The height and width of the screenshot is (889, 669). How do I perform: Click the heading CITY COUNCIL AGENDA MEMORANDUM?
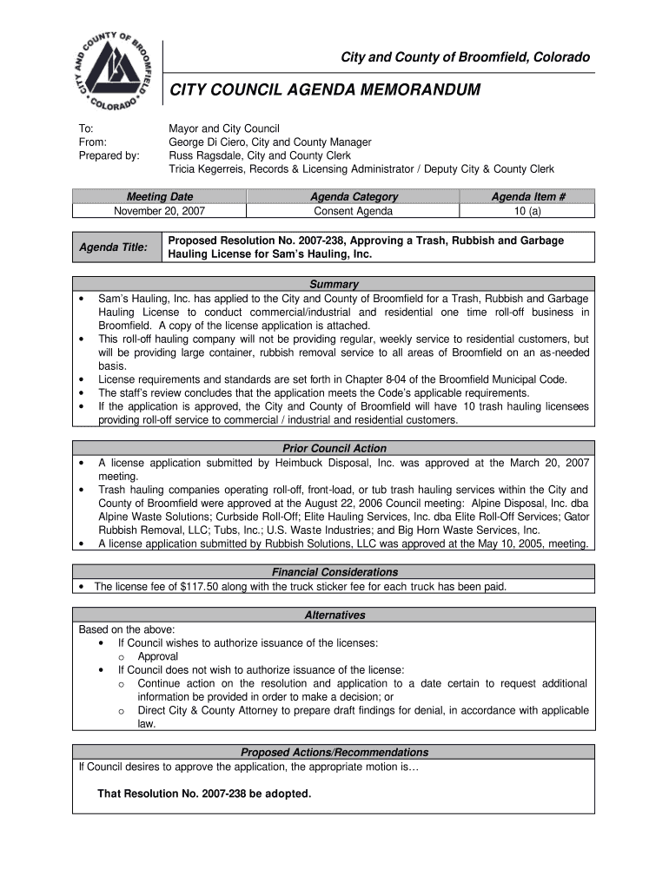pos(324,89)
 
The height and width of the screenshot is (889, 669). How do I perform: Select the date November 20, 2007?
pos(160,211)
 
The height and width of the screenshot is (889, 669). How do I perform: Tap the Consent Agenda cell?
pos(354,211)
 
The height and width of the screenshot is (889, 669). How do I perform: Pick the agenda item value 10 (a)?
pos(528,211)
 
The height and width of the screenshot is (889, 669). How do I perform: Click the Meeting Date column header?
pos(160,197)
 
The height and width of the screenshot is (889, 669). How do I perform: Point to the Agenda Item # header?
pos(528,197)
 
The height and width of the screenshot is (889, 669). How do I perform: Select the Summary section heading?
pos(334,284)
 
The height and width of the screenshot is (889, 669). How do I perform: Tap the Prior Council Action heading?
pos(334,448)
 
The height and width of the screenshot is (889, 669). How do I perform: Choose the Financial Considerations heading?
pos(334,572)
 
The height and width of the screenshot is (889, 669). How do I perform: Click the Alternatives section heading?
pos(334,615)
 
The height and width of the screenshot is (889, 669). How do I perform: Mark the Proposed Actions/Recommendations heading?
pos(334,752)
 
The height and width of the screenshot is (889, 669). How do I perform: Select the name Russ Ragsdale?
pos(202,155)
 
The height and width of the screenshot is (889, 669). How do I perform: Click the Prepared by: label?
pos(109,155)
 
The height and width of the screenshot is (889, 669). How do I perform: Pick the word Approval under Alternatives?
pos(158,657)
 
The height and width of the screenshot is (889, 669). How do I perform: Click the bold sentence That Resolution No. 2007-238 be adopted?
pos(204,794)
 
